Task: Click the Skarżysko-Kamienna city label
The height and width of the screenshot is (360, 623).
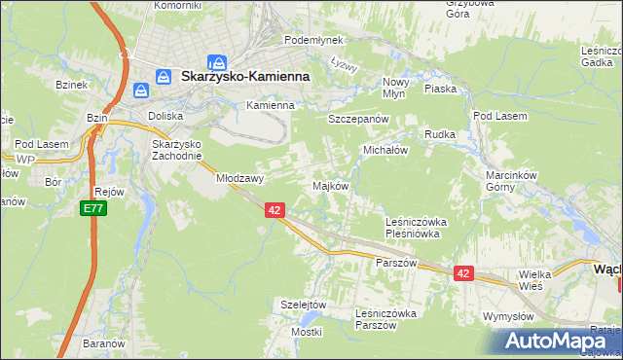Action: [244, 75]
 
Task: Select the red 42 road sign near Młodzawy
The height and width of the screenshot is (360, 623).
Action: [274, 210]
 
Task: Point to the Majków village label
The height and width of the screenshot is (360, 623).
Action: [330, 185]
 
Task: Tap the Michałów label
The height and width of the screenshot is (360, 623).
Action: [385, 151]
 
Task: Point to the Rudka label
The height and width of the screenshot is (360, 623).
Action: [440, 134]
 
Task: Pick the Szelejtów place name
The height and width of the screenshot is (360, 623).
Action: [302, 304]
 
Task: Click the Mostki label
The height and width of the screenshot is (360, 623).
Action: [306, 332]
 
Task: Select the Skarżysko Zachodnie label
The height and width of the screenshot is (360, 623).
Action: [176, 150]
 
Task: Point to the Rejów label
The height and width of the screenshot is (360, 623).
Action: [109, 192]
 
